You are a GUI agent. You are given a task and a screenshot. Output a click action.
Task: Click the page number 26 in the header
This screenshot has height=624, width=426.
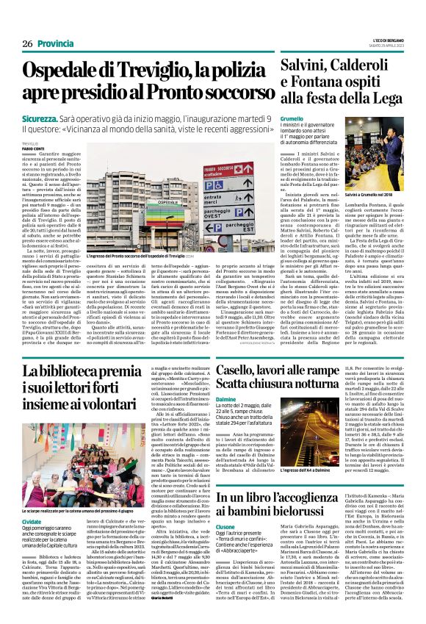tap(26, 44)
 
